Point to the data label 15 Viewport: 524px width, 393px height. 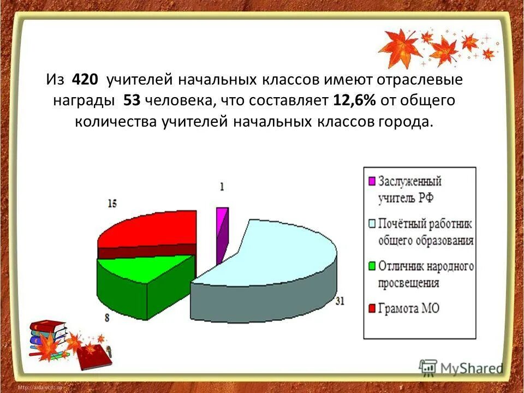(x=112, y=204)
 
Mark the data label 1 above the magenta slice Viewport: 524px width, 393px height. (x=222, y=187)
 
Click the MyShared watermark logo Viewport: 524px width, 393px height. (x=461, y=367)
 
